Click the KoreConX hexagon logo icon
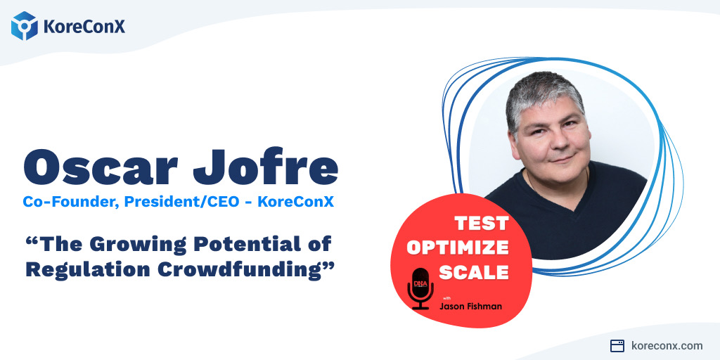pyautogui.click(x=25, y=26)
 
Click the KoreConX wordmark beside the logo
pyautogui.click(x=84, y=27)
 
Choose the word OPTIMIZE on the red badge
pyautogui.click(x=458, y=247)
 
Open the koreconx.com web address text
pyautogui.click(x=667, y=345)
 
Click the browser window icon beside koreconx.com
pyautogui.click(x=617, y=345)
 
